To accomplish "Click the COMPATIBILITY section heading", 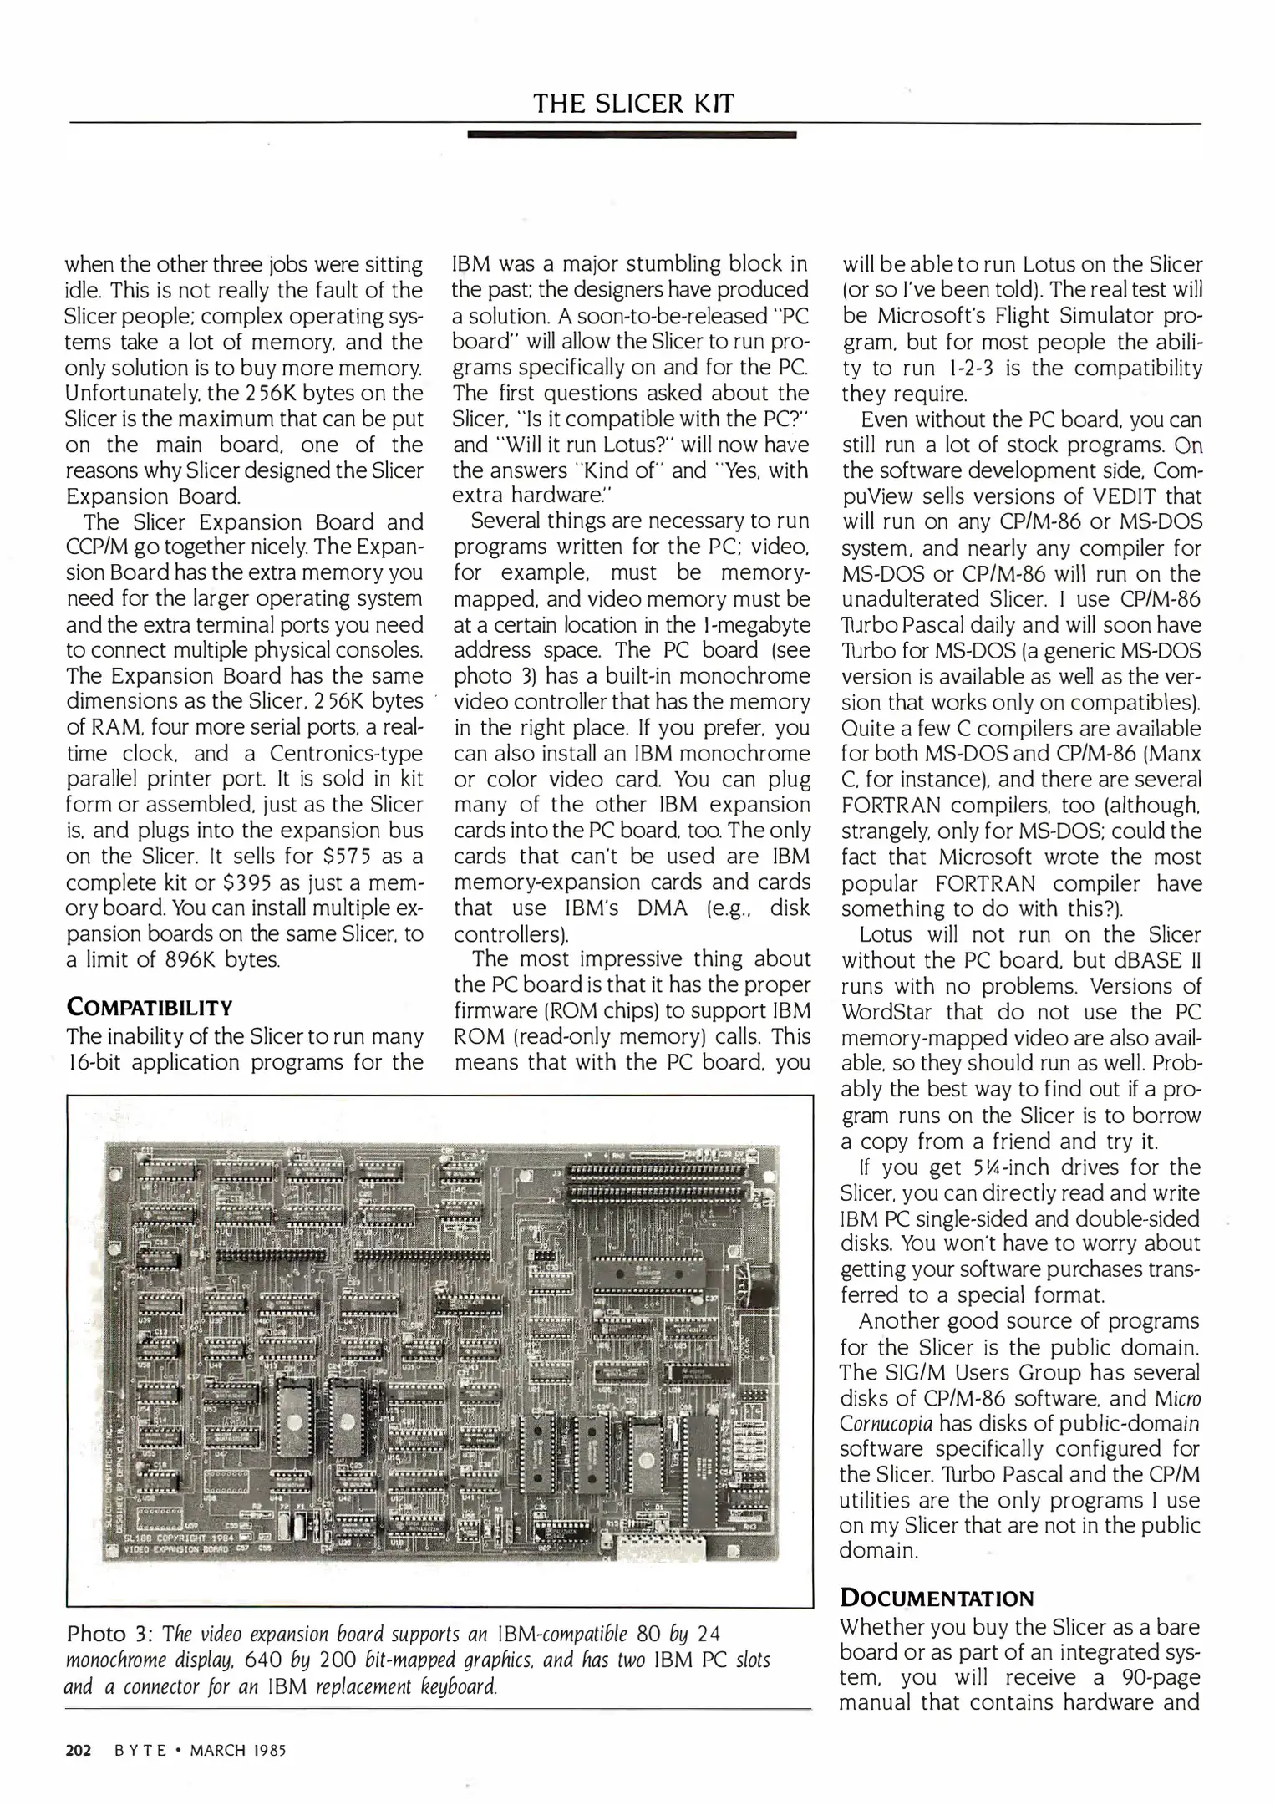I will [149, 1007].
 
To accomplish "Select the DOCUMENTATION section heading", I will [937, 1599].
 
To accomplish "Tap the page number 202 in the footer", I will [78, 1751].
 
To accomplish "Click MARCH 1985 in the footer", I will [238, 1751].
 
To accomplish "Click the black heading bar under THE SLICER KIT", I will [632, 134].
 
